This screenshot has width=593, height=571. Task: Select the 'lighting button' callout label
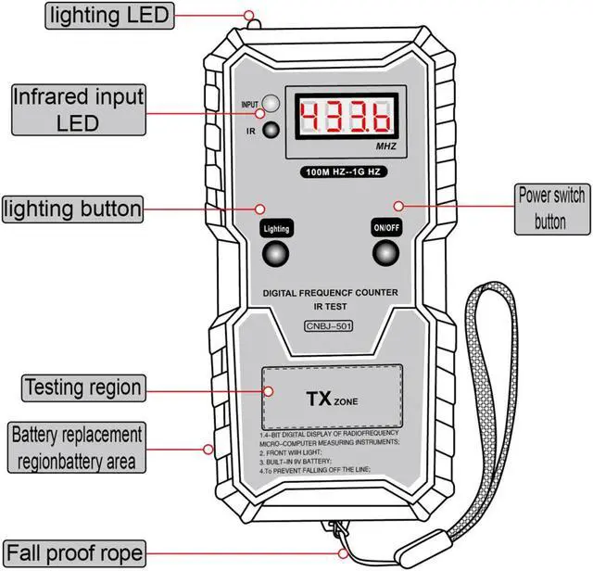(73, 209)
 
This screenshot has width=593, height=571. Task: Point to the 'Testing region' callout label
(83, 387)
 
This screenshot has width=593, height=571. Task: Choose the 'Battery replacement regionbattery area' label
(77, 447)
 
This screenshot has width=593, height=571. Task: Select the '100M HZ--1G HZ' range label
(345, 172)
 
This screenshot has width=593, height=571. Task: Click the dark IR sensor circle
(271, 130)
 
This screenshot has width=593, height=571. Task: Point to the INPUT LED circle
(271, 104)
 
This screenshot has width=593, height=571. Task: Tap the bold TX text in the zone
(320, 400)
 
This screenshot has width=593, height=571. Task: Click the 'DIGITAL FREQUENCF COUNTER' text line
(331, 292)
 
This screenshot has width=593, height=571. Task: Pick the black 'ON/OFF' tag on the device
(385, 227)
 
